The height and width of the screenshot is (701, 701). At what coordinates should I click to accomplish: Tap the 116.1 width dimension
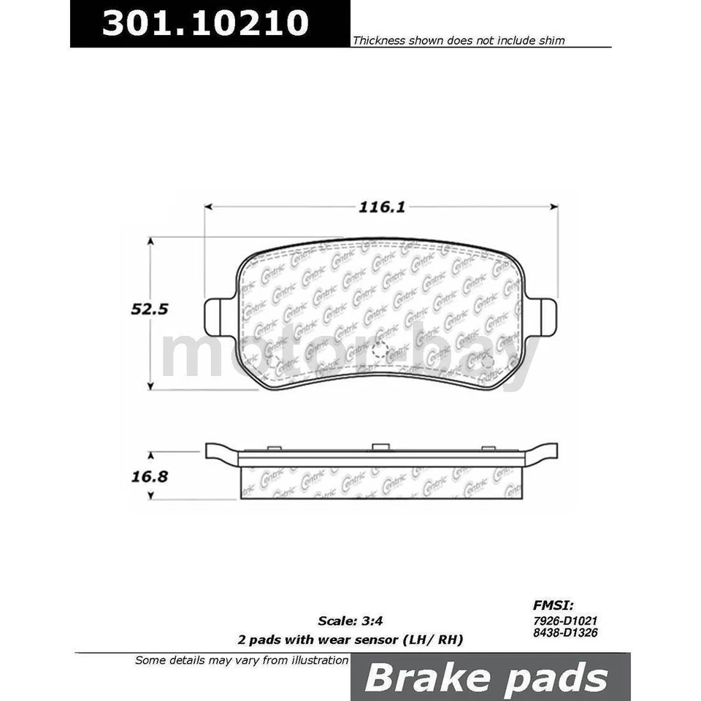tap(381, 207)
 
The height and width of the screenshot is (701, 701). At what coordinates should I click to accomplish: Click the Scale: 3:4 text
tap(350, 621)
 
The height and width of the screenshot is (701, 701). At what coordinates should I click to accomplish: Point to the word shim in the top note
tap(553, 41)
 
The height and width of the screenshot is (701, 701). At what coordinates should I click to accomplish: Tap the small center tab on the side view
tap(380, 447)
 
